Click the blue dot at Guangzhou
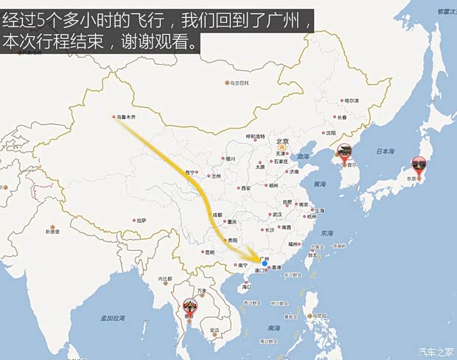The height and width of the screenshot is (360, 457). coord(265,263)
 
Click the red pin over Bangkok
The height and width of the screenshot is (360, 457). coord(191,306)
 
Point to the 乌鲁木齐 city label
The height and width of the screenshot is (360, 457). coord(126,117)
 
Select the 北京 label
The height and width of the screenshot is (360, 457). coord(281,142)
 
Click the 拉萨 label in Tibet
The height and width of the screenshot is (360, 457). coord(141,220)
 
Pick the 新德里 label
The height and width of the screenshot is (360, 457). coord(52,232)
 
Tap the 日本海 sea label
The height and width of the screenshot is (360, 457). coord(386,151)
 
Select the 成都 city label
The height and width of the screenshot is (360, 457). coord(217,215)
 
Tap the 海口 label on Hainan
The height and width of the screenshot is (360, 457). coord(248,286)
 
